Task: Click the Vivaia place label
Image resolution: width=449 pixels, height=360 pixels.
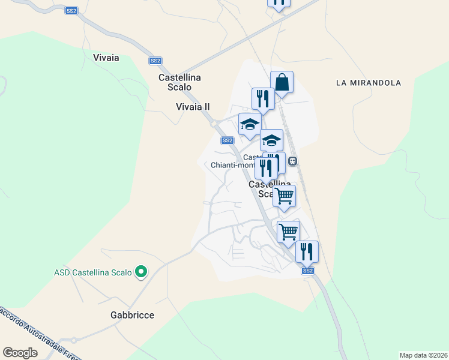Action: click(x=106, y=58)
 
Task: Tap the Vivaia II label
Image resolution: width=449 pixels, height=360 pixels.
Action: click(x=193, y=107)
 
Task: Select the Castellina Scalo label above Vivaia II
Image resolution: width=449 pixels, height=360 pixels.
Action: click(x=179, y=82)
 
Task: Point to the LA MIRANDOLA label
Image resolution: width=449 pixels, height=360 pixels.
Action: click(x=369, y=83)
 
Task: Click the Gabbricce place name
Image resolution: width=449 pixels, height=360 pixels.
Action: click(x=132, y=315)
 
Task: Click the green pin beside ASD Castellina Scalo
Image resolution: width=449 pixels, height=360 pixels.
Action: click(x=141, y=272)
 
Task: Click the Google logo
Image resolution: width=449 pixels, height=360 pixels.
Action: click(x=20, y=352)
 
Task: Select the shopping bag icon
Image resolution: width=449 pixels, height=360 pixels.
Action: click(x=282, y=82)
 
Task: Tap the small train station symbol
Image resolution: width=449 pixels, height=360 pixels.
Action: click(x=293, y=161)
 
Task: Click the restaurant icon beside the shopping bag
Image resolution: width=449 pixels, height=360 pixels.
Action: click(x=263, y=98)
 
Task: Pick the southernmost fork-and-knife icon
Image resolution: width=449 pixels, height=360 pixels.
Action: click(x=307, y=251)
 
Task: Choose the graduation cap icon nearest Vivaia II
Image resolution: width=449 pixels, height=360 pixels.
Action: click(x=250, y=124)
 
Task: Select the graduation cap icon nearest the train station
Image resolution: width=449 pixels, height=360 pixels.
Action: click(x=271, y=140)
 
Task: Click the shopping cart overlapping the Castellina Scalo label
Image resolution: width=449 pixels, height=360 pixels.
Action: click(x=284, y=195)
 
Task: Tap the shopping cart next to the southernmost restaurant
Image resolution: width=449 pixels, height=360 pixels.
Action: click(x=288, y=231)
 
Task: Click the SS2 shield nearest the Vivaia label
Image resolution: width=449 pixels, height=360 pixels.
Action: click(x=155, y=61)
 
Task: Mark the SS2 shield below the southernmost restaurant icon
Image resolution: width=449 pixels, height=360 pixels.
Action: click(x=308, y=271)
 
